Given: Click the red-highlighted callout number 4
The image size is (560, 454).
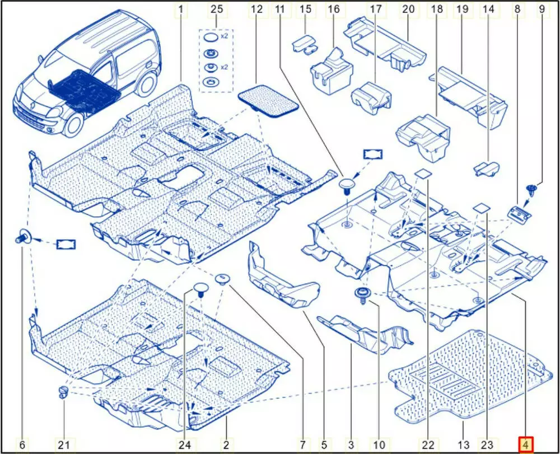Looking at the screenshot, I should (x=526, y=445).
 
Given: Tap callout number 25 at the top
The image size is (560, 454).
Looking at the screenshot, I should (x=216, y=9).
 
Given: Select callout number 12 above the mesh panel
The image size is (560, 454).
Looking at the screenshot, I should (x=257, y=9).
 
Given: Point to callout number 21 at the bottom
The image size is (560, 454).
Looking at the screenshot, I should (x=64, y=445).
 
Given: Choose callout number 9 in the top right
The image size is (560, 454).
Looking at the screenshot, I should (x=542, y=9).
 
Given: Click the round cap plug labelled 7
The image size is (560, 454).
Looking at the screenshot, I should (x=222, y=278).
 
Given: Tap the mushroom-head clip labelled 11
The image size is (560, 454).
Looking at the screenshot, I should (x=348, y=185).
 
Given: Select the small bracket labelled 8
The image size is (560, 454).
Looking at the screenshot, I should (x=519, y=212).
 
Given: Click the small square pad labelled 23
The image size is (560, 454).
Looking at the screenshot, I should (x=482, y=207).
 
